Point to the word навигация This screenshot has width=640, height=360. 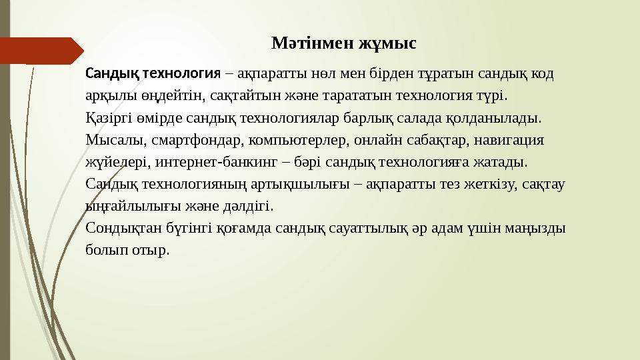511,141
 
